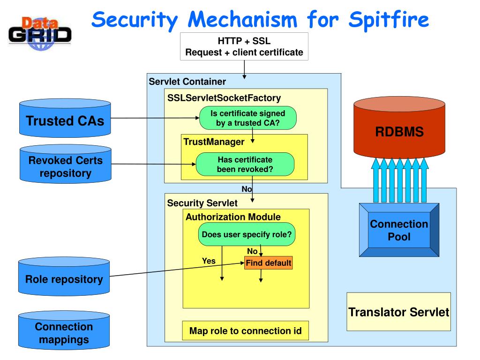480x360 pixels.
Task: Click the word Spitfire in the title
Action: point(389,20)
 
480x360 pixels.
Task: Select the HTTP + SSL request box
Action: point(244,46)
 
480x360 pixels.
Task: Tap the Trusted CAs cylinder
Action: point(65,118)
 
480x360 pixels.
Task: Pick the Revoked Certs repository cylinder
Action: point(66,164)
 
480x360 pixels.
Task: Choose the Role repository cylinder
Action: point(64,277)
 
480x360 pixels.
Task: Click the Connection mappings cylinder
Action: point(64,330)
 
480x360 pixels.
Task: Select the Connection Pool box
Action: point(399,230)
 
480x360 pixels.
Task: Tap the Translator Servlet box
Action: point(398,312)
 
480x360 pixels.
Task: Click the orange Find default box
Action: point(269,263)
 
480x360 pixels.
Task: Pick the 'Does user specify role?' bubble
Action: point(247,234)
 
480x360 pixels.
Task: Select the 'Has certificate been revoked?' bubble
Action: point(245,165)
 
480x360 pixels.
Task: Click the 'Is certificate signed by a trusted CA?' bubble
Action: point(247,118)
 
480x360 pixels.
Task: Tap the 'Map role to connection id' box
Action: point(246,330)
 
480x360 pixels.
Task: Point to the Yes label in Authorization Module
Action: point(209,261)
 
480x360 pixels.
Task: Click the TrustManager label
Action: point(214,142)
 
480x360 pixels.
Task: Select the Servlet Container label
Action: point(187,82)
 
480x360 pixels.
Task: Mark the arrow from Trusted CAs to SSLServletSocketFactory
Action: point(155,118)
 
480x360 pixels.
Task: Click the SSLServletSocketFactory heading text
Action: point(224,98)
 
